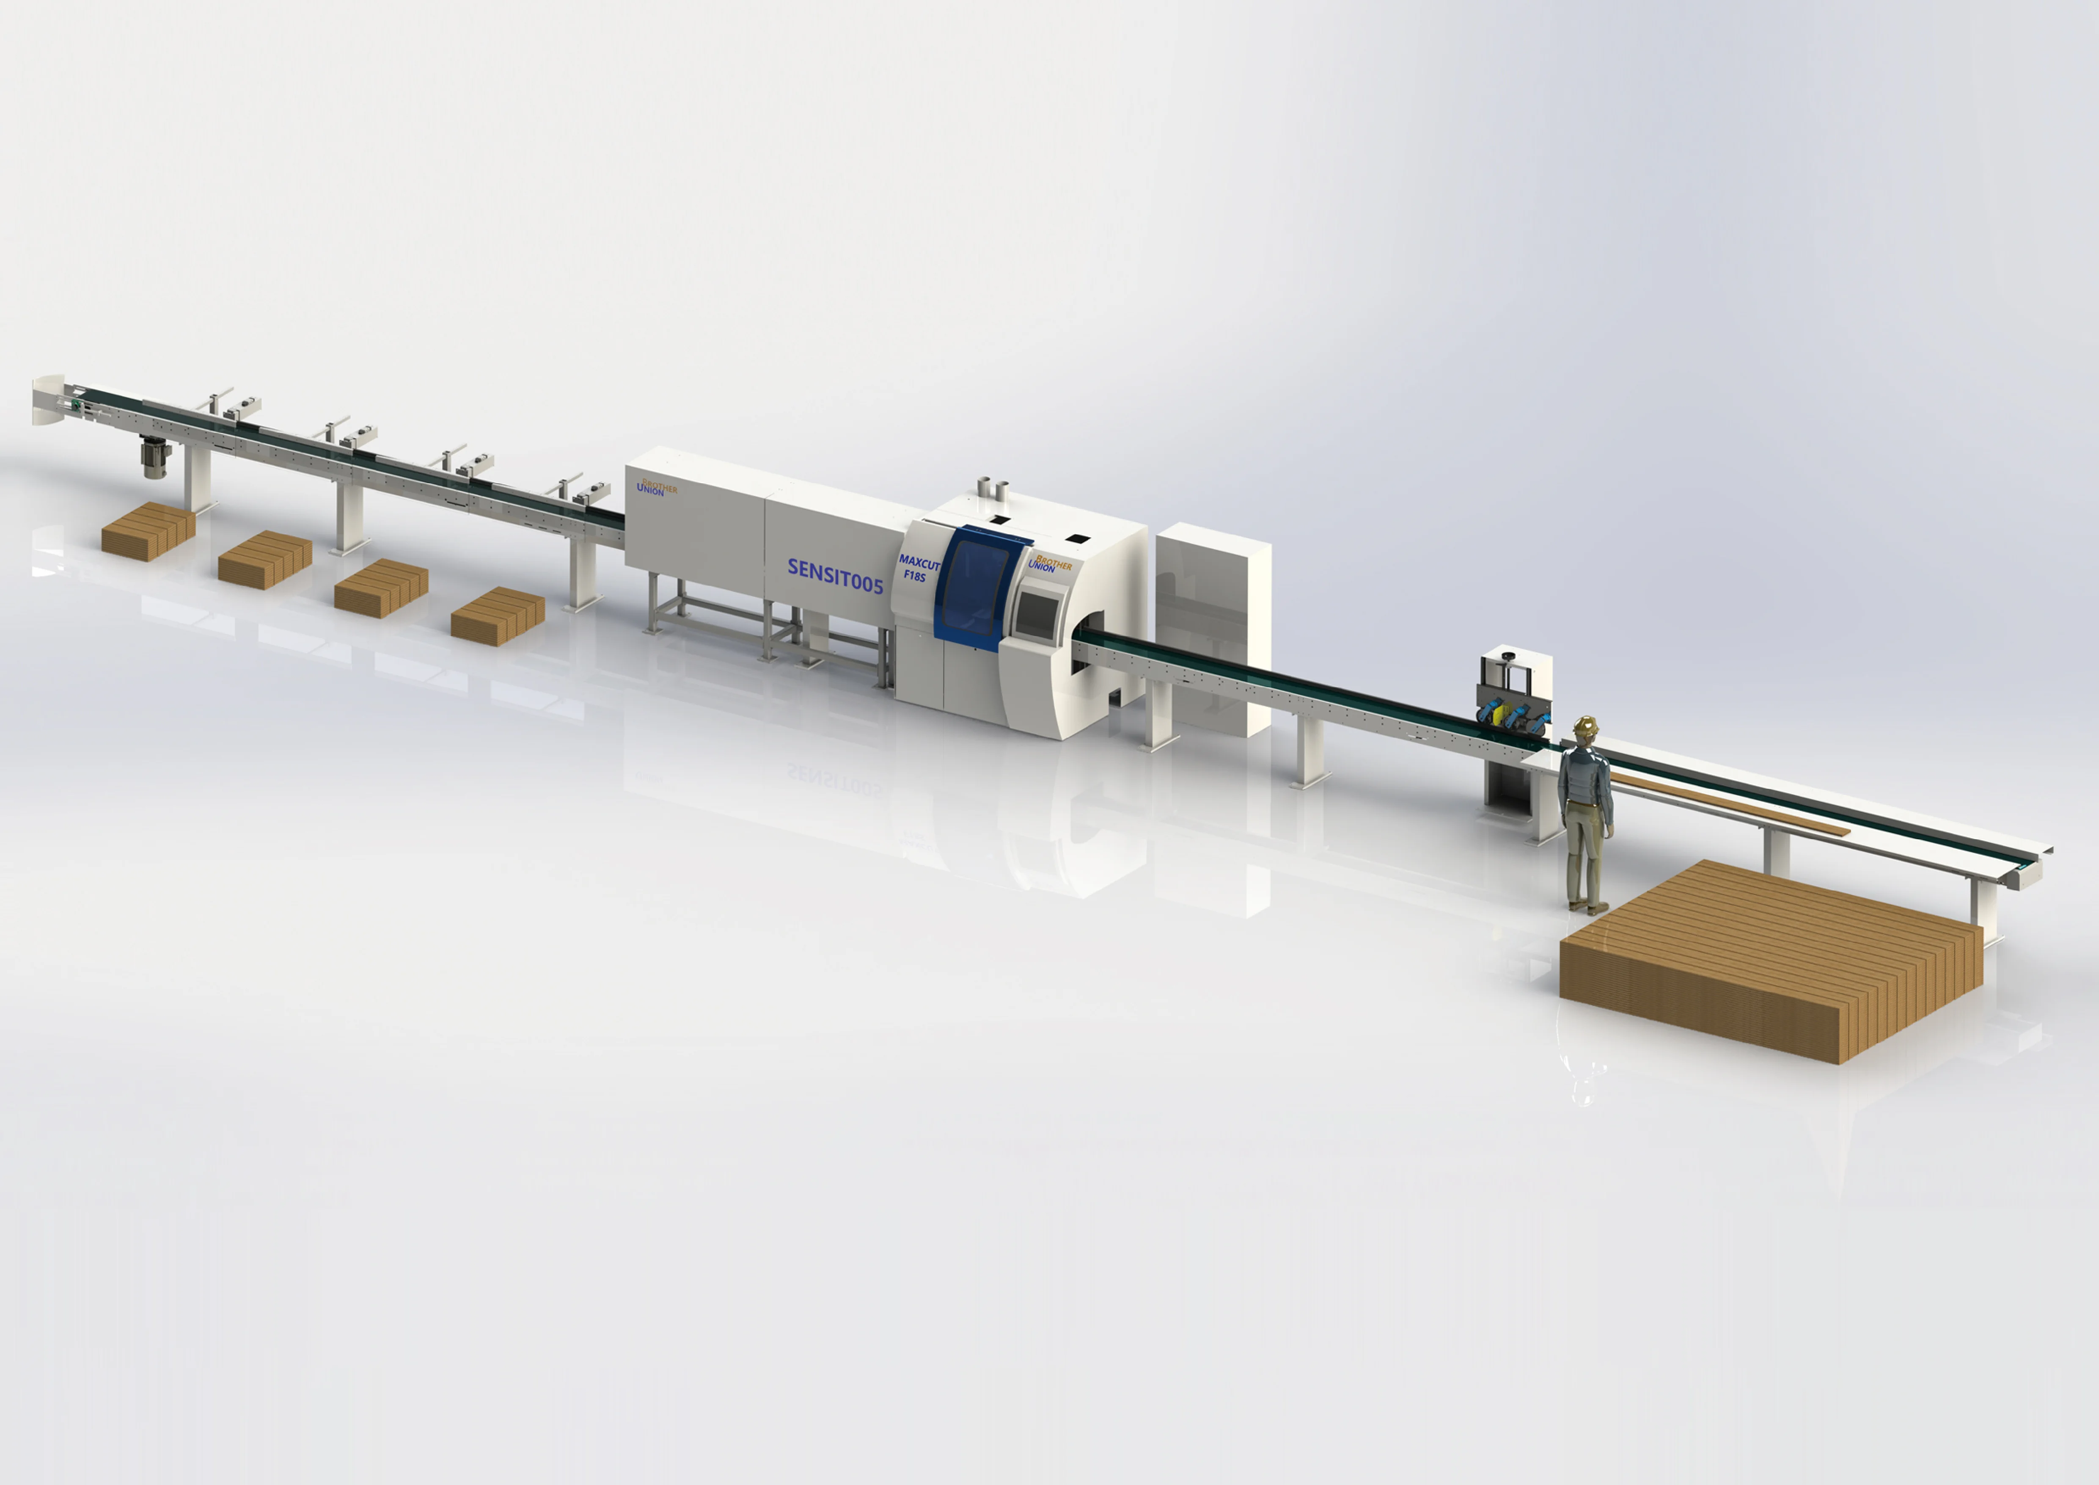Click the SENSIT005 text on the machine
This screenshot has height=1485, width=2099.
coord(835,577)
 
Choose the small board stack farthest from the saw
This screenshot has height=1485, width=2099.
coord(148,530)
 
